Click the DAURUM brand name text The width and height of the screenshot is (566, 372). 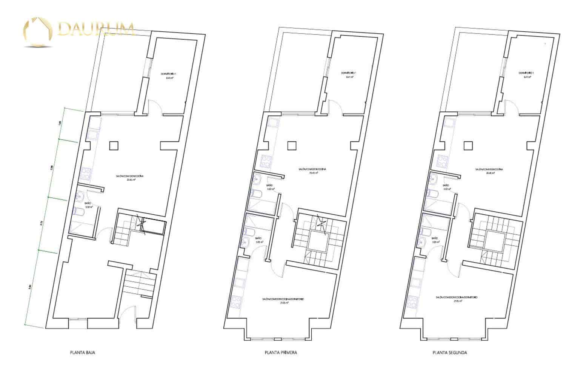click(96, 29)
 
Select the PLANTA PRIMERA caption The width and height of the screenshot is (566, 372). click(280, 353)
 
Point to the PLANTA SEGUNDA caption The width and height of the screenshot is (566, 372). click(450, 353)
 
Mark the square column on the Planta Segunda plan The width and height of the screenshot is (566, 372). click(468, 145)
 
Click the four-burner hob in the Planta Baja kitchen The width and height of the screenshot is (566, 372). click(85, 174)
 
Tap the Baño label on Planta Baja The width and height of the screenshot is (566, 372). click(88, 204)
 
